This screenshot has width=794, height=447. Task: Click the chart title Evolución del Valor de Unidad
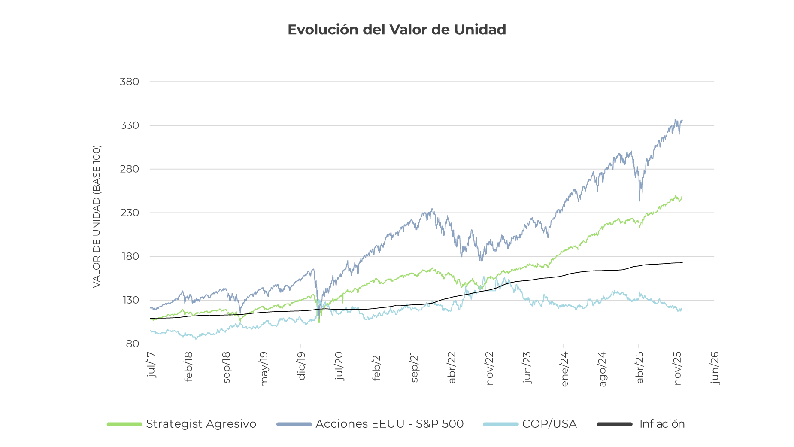[x=397, y=30]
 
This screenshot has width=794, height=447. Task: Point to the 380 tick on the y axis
[x=129, y=82]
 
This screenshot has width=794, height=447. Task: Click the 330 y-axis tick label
[x=129, y=125]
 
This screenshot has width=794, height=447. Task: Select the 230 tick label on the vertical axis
[x=129, y=213]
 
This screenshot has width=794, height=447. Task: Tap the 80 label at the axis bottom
[x=132, y=344]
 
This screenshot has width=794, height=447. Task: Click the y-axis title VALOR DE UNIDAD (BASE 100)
[x=97, y=216]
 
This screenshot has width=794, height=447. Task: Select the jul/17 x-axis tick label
[x=151, y=365]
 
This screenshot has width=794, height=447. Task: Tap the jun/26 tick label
[x=715, y=368]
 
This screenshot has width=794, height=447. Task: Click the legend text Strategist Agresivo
[x=201, y=424]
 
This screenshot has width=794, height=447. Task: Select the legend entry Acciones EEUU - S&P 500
[x=389, y=424]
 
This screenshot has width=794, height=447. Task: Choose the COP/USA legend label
[x=549, y=424]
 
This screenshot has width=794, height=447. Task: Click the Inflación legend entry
[x=662, y=424]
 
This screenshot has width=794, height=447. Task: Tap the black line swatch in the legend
[x=615, y=424]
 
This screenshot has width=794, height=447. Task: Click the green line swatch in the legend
[x=124, y=424]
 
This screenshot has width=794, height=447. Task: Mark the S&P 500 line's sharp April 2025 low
[x=640, y=200]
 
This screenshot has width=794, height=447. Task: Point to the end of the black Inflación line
[x=682, y=263]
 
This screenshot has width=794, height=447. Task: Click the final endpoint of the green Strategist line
[x=682, y=197]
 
